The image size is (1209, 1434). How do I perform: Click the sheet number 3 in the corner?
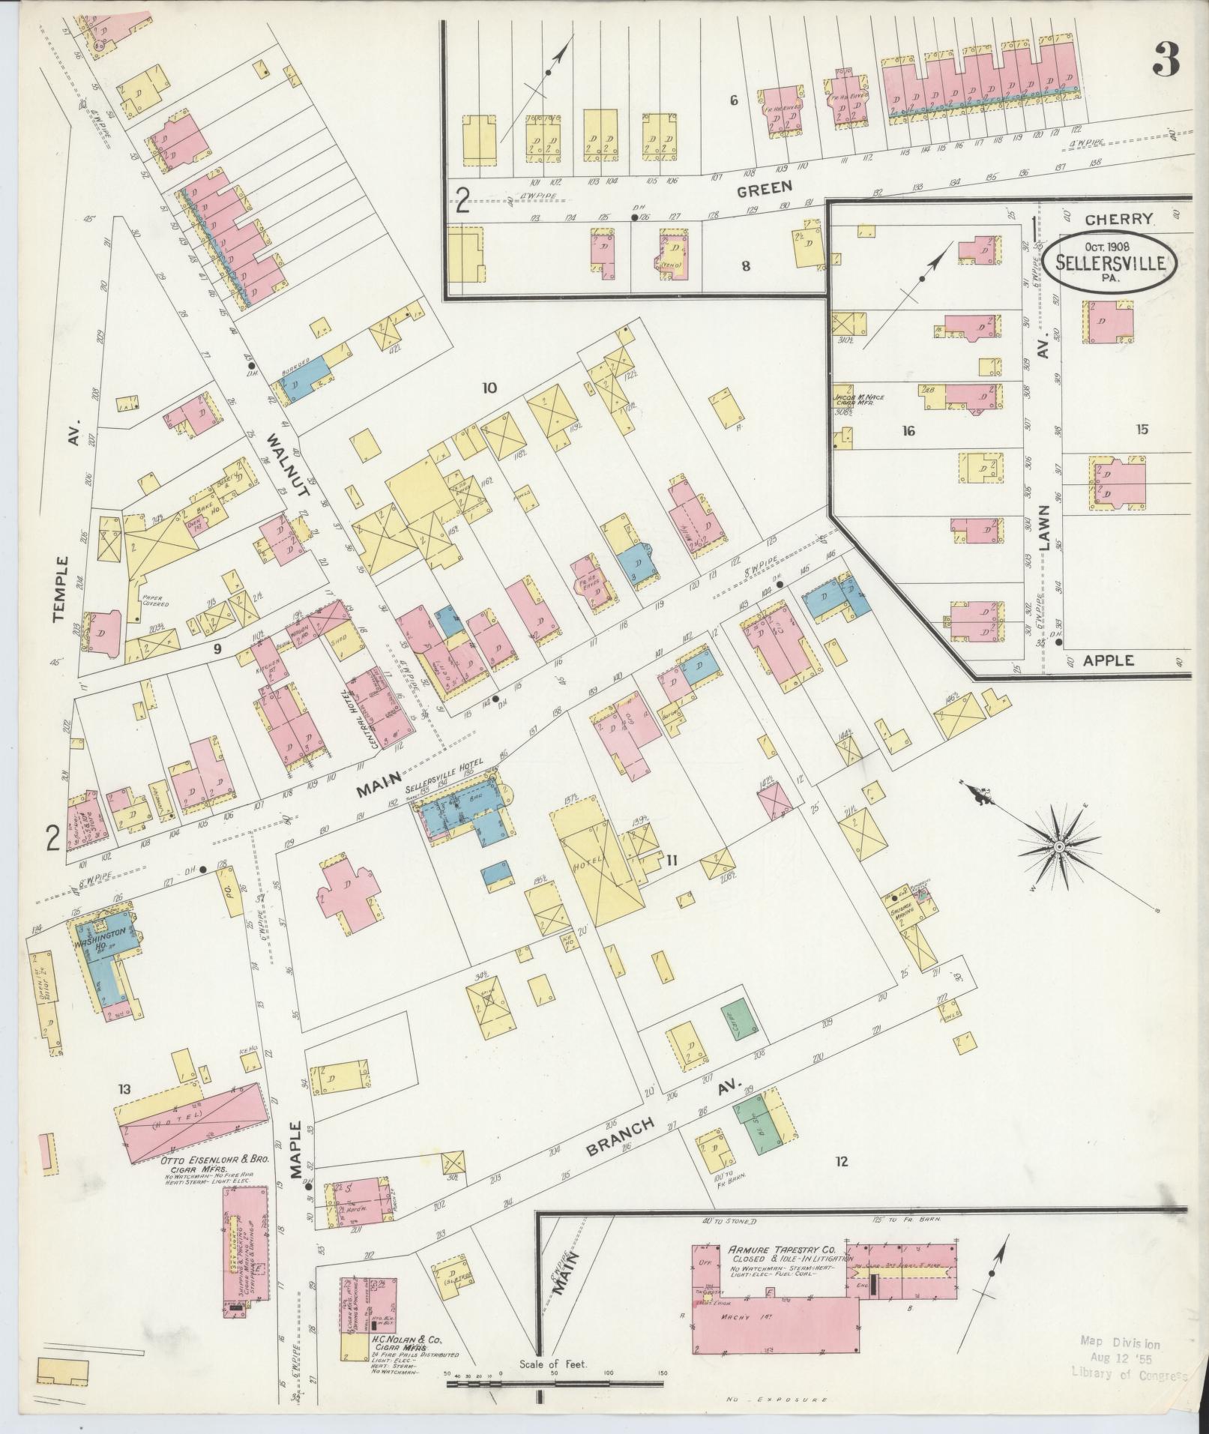1166,59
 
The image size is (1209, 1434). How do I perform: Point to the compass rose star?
1059,846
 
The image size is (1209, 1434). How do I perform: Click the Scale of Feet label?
553,1364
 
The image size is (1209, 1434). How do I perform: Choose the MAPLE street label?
293,1155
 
